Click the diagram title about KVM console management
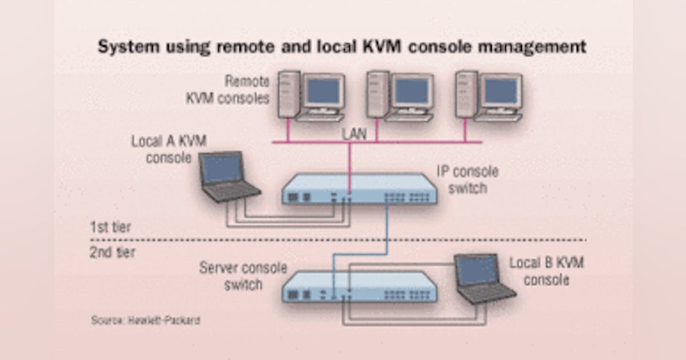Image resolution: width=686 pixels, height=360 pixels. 342,47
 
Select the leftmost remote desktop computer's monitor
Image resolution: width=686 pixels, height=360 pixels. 322,92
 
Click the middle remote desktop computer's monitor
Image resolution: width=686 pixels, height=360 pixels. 411,92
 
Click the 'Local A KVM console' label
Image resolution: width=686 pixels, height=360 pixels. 169,149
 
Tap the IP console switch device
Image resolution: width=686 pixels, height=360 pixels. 360,189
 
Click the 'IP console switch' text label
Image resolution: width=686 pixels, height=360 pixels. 468,179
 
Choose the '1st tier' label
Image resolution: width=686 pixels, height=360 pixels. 110,227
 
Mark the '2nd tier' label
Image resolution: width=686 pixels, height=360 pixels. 112,252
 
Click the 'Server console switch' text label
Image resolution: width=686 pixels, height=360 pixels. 243,276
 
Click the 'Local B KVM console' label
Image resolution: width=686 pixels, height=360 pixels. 547,271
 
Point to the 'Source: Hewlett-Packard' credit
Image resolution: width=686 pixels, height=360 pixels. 145,320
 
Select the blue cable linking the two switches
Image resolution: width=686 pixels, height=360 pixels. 388,229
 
